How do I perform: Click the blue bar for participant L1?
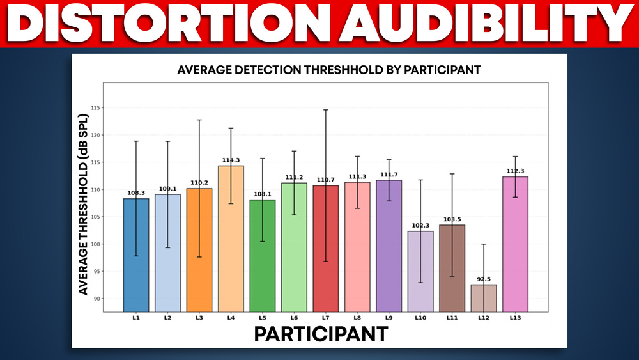coord(136,256)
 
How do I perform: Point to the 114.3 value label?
coord(231,160)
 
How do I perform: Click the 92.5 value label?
coord(484,279)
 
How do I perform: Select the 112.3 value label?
coord(515,171)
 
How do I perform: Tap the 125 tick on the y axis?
coord(95,108)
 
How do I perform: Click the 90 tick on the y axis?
coord(96,299)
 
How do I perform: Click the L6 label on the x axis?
coord(294,317)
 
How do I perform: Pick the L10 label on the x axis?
coord(420,317)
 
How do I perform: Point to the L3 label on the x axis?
coord(199,317)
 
